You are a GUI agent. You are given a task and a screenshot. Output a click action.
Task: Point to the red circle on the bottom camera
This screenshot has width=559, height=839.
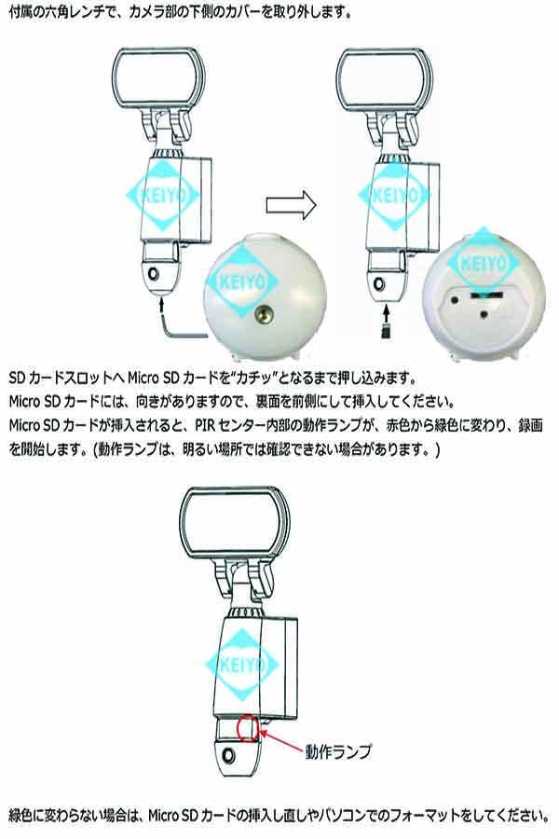[x=250, y=726]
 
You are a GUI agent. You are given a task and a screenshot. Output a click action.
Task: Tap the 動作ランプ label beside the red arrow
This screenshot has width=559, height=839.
[x=334, y=748]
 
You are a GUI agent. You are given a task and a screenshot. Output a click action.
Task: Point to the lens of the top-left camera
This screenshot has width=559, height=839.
[x=155, y=274]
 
